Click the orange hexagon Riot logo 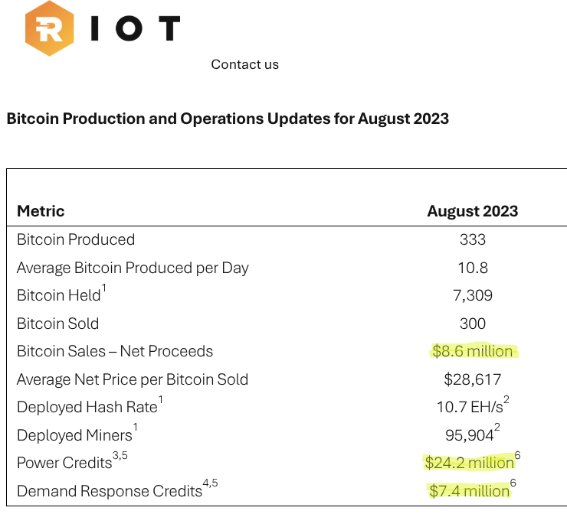50,28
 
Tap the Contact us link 245,64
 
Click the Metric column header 41,211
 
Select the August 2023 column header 473,211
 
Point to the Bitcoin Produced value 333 473,239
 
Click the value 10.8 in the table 473,268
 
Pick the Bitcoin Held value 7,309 473,295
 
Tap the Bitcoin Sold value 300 473,324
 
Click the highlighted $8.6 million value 473,351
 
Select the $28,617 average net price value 473,379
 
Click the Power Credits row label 72,461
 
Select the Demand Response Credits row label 117,489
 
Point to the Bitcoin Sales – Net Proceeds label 115,351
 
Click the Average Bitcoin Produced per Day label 133,268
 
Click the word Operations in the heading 221,119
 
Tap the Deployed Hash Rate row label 90,405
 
